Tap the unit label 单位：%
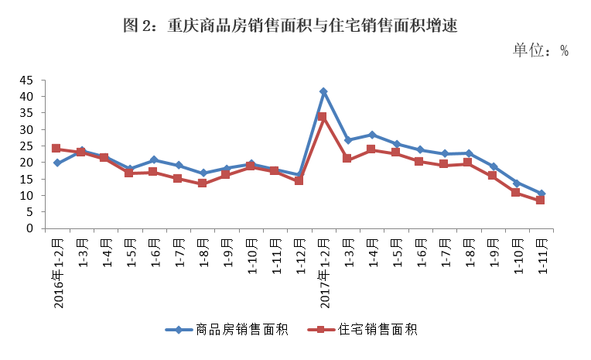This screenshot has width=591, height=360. pos(541,50)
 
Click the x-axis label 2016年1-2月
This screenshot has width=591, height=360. pos(58,270)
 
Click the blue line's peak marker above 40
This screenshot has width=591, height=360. pos(323,91)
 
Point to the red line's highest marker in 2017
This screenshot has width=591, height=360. pos(323,117)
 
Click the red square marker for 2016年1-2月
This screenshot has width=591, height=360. pos(56,148)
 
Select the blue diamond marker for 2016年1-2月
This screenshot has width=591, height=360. pos(56,163)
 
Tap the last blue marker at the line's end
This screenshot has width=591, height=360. pos(541,194)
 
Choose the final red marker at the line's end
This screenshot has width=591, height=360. pos(541,201)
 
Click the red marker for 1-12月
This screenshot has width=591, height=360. pos(299,180)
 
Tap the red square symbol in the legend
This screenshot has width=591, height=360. pos(319,330)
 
